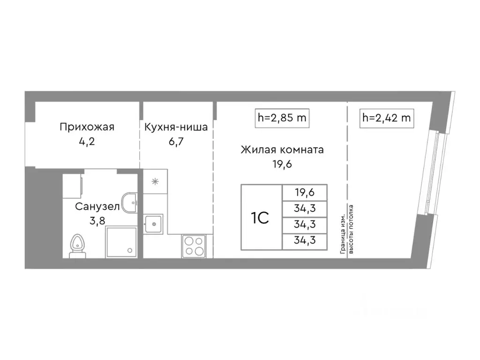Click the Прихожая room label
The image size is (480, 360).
coord(87,127)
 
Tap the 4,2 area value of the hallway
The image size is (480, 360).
coord(87,141)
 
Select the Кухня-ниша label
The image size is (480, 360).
coord(176,127)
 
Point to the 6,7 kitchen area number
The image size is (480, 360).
coord(176,141)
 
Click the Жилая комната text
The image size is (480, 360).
coord(282,150)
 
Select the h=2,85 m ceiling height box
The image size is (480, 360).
coord(282,118)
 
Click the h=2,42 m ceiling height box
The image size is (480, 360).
coord(386,118)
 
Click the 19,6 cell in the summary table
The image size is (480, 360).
coord(305,192)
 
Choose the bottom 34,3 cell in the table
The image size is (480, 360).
coord(305,241)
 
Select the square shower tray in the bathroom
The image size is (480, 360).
coord(121,241)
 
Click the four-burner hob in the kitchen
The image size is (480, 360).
coord(194,246)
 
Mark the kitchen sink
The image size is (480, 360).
coord(153,224)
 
